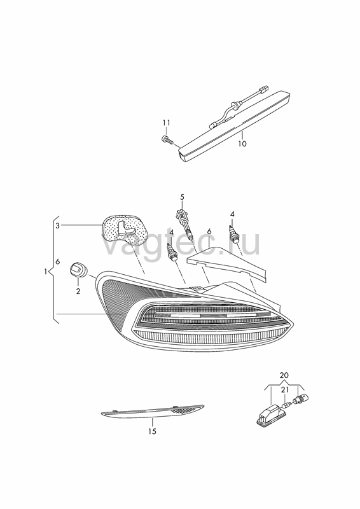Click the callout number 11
pyautogui.click(x=166, y=123)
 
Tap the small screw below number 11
pyautogui.click(x=167, y=140)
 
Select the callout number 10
pyautogui.click(x=242, y=144)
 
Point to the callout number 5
pyautogui.click(x=182, y=197)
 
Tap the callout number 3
pyautogui.click(x=57, y=226)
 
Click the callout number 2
pyautogui.click(x=78, y=291)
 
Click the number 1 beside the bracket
pyautogui.click(x=46, y=272)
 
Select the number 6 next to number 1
pyautogui.click(x=58, y=261)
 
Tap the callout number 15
pyautogui.click(x=152, y=431)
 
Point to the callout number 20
pyautogui.click(x=284, y=375)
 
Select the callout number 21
pyautogui.click(x=284, y=389)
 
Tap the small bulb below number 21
pyautogui.click(x=286, y=405)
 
